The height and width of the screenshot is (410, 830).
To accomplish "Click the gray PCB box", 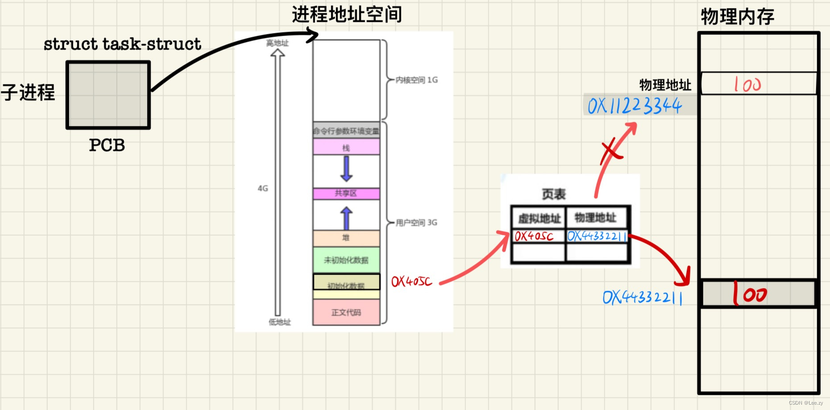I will click(x=108, y=95).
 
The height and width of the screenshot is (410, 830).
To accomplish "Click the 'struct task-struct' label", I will click(x=122, y=44).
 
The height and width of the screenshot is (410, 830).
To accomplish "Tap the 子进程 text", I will click(x=28, y=92).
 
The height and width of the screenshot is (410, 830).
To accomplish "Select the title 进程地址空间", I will click(x=347, y=15).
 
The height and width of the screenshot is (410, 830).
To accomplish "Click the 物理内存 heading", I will click(x=737, y=17).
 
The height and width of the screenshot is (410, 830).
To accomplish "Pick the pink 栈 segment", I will click(x=346, y=147).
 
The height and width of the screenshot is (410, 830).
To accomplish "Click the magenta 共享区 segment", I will click(x=346, y=193).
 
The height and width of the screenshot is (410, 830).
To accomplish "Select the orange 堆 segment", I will click(x=346, y=238).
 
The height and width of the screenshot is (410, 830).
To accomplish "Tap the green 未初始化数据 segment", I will click(x=346, y=260).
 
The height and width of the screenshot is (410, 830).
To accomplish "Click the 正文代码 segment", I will click(x=346, y=312).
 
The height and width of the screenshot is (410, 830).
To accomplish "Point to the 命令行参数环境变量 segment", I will click(x=346, y=130).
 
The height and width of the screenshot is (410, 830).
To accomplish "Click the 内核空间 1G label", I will click(x=416, y=80).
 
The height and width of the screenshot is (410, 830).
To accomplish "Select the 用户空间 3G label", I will click(x=416, y=222).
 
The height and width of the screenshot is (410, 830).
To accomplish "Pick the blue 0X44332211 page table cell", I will click(x=597, y=236).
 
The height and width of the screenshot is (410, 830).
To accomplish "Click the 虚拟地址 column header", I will click(x=539, y=218).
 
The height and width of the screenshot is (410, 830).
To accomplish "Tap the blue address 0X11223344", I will click(x=635, y=106).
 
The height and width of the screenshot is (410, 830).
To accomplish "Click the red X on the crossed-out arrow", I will click(x=611, y=151).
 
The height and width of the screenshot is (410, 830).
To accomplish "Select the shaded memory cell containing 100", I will click(x=759, y=294).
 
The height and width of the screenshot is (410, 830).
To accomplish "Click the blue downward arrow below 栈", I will click(x=346, y=168).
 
